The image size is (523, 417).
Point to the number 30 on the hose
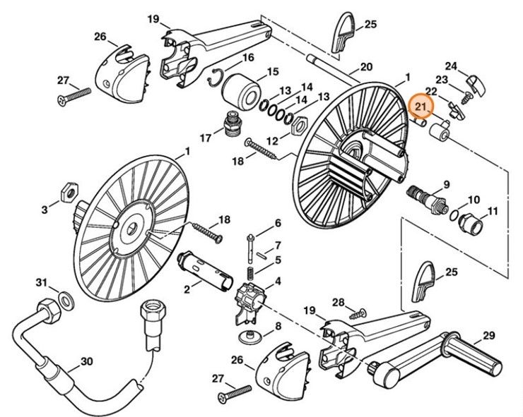coord(86,361)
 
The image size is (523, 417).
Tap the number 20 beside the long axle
coord(365,67)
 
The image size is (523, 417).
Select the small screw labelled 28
coord(360,313)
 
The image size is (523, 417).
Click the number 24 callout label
coord(451,67)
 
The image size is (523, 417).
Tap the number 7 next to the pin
coord(278,245)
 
